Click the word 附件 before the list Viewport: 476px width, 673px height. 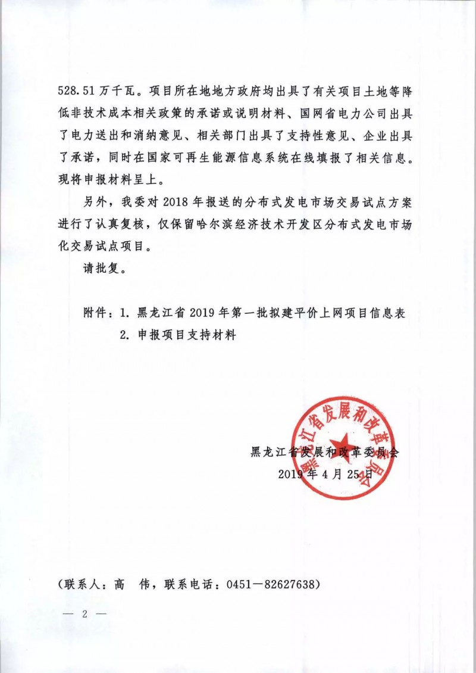(96, 313)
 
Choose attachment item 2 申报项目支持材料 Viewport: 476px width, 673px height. (178, 335)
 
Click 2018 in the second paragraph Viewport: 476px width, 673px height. (174, 202)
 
